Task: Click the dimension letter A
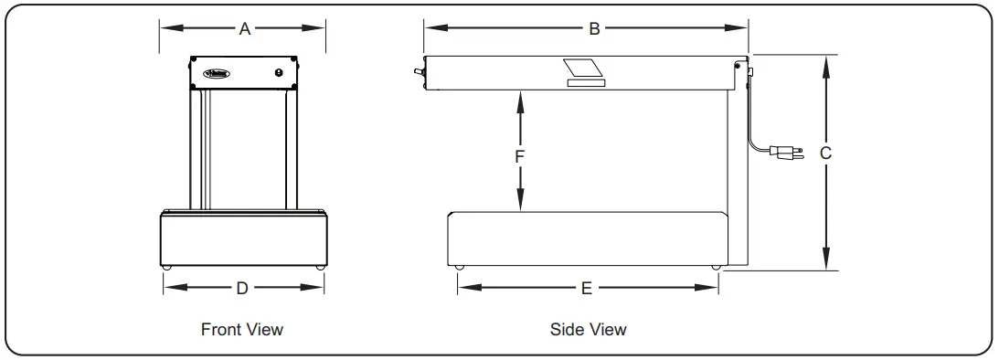point(244,28)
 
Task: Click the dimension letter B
point(593,28)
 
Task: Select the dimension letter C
point(824,154)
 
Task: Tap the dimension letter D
point(242,288)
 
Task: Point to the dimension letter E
point(588,288)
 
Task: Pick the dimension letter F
point(519,155)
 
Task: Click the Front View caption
point(242,329)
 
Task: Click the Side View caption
point(589,329)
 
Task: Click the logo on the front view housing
point(214,72)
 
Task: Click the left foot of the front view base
point(166,267)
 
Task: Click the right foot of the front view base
point(319,267)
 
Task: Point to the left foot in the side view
point(460,268)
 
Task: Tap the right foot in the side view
point(715,268)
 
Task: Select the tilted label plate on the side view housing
point(583,69)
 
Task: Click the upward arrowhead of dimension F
point(519,97)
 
